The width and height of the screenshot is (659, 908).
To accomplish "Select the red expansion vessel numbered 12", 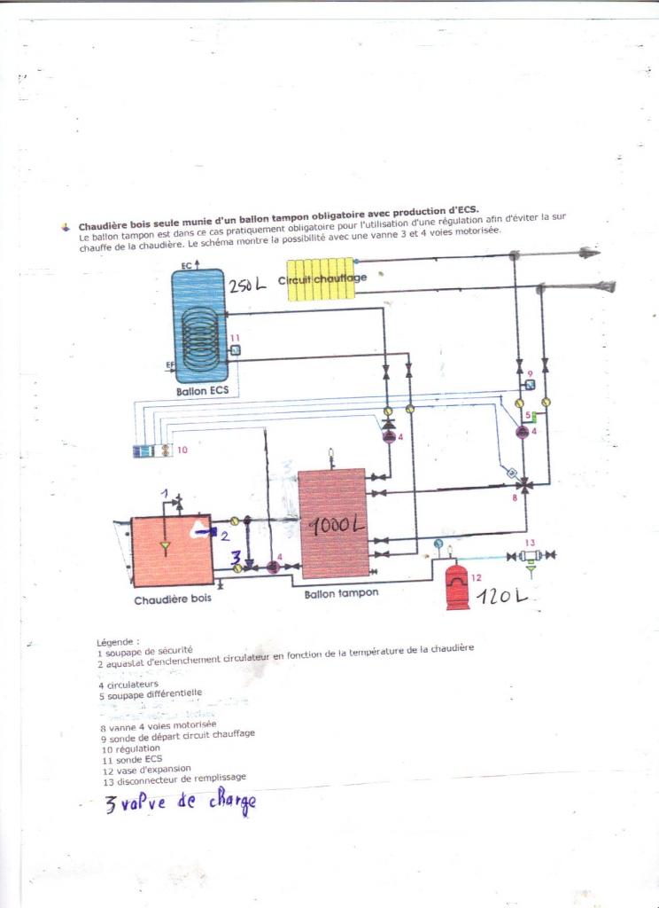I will tap(457, 586).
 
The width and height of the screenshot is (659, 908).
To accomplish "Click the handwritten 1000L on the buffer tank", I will tap(337, 525).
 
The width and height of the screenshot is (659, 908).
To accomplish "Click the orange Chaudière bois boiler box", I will tap(171, 551).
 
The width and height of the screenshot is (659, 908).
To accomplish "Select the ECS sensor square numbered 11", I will tap(236, 350).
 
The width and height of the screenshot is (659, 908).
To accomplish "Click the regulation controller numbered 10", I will tap(152, 450).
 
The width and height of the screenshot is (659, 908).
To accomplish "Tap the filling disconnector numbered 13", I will tap(531, 556).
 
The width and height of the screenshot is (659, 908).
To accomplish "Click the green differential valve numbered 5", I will tap(528, 415).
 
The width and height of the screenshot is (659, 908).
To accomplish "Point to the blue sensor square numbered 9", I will tap(530, 386).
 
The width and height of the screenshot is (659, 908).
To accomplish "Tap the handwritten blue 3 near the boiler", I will tap(236, 557).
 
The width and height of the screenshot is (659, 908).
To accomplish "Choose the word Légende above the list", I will tap(118, 640).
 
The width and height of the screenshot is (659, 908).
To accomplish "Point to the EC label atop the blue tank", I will tap(185, 265).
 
